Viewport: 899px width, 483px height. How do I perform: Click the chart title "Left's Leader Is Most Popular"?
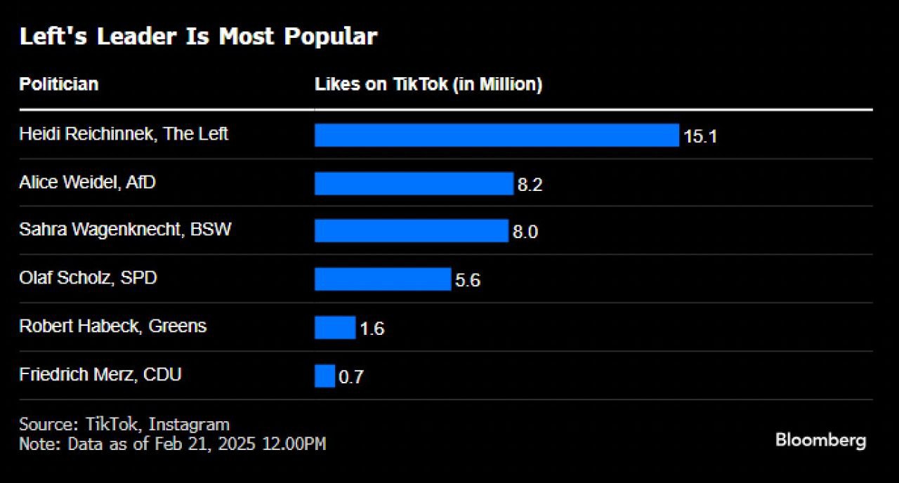click(198, 37)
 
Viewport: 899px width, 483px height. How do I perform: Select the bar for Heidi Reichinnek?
click(497, 135)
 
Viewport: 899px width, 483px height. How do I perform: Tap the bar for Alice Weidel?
click(414, 183)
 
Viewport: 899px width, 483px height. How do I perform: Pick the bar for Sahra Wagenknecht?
click(411, 231)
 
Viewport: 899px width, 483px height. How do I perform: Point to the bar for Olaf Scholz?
click(382, 279)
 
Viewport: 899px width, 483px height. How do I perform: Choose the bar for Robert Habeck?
click(335, 327)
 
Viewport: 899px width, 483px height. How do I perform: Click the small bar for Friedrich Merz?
click(324, 376)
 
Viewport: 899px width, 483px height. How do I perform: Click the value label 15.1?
click(700, 136)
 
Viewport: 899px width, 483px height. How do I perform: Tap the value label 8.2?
click(530, 185)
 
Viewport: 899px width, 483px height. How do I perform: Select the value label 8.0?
click(525, 232)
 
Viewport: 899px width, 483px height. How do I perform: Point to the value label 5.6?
click(468, 281)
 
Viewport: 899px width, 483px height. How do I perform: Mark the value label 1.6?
click(372, 329)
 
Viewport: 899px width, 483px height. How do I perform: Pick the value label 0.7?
click(351, 377)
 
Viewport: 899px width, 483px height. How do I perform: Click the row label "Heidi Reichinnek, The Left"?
click(124, 133)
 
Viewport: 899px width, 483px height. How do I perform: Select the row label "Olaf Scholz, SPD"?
click(88, 278)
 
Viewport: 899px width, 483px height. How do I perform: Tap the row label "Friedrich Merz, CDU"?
click(100, 374)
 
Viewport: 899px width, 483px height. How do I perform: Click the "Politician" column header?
click(58, 84)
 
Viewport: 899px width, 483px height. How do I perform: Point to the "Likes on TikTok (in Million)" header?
click(428, 84)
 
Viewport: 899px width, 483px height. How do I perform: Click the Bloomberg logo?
click(820, 440)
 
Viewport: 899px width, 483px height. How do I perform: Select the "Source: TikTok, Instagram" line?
click(124, 424)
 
